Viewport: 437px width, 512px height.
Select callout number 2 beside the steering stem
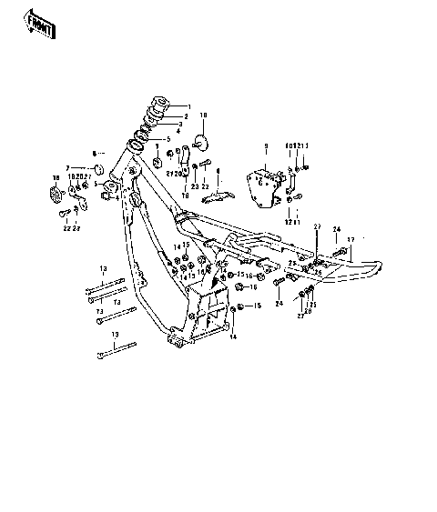pyautogui.click(x=186, y=116)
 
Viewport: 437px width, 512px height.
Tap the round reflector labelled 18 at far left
pyautogui.click(x=54, y=193)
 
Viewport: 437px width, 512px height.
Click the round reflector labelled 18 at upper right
pyautogui.click(x=202, y=142)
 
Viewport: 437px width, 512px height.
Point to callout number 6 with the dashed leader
pyautogui.click(x=93, y=153)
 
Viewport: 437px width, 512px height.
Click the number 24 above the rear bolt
pyautogui.click(x=335, y=228)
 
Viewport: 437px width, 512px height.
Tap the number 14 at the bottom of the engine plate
pyautogui.click(x=234, y=336)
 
